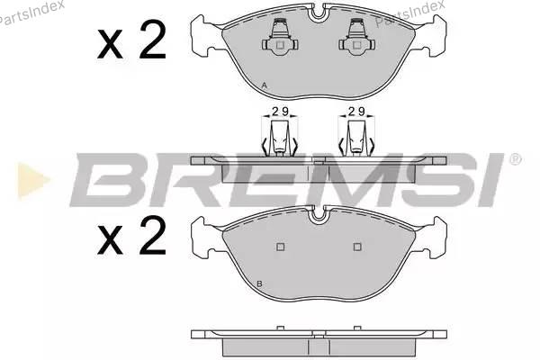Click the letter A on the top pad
[264, 85]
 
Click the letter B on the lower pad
[260, 283]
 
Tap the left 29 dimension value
[280, 112]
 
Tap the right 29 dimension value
[356, 112]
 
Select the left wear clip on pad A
[280, 37]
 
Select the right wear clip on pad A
[357, 37]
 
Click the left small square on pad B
[280, 247]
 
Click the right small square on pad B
[357, 247]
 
